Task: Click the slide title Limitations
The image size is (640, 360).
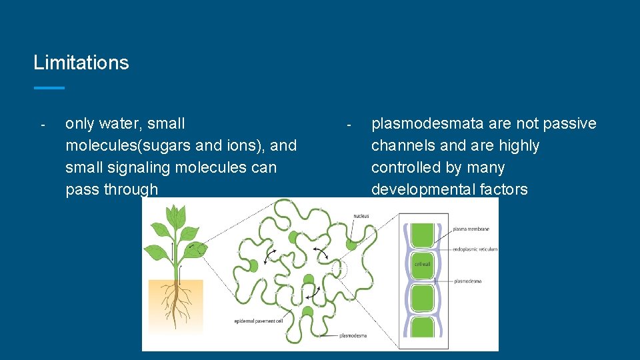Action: [x=81, y=63]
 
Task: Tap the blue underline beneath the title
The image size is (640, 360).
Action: [x=49, y=87]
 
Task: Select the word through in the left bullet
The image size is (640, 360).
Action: [x=131, y=189]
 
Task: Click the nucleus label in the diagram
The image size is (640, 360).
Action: [x=361, y=216]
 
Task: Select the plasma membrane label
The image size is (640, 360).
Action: [x=471, y=229]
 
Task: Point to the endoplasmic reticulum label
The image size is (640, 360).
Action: [x=474, y=249]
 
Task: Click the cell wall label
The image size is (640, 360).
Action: [x=423, y=264]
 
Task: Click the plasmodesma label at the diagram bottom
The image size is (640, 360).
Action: [x=353, y=335]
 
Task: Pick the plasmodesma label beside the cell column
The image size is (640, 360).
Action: [x=467, y=281]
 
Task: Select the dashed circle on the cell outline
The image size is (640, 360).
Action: [x=339, y=269]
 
